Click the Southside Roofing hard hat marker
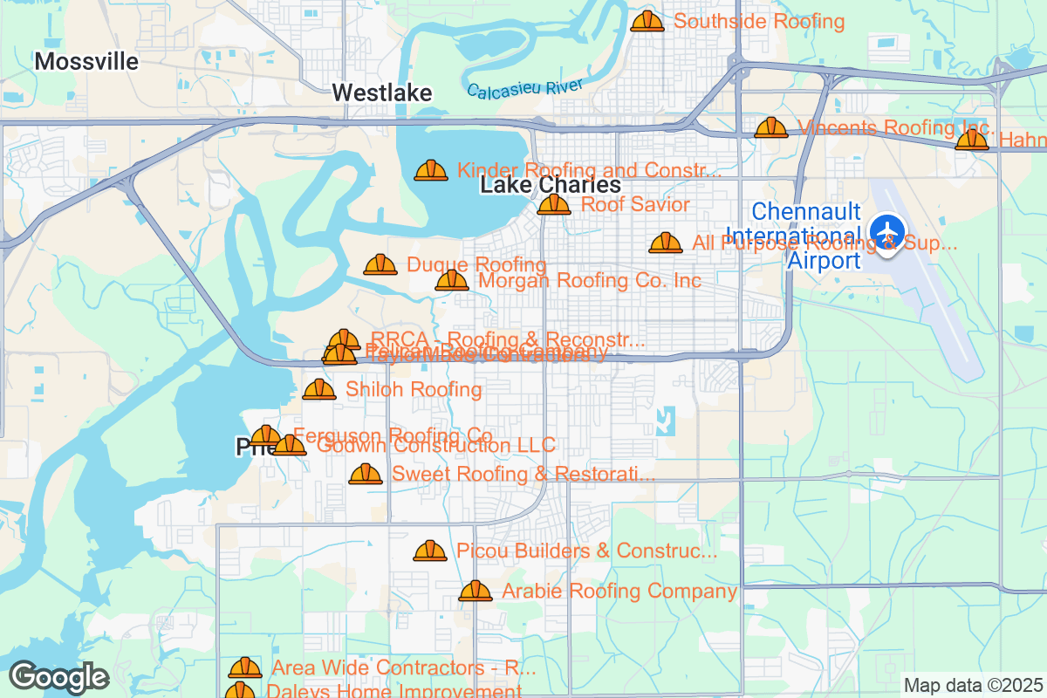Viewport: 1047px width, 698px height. click(647, 21)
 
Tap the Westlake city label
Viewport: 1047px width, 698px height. click(382, 92)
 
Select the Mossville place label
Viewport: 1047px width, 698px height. click(86, 61)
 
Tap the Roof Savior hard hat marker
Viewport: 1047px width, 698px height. click(553, 205)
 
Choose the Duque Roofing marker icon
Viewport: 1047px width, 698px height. click(380, 264)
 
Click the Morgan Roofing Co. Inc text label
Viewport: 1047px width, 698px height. click(590, 281)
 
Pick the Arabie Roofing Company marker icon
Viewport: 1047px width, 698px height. click(476, 592)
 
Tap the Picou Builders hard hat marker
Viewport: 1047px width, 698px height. click(430, 551)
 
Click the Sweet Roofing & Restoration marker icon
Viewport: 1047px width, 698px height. click(366, 474)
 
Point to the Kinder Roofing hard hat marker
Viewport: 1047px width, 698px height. click(431, 170)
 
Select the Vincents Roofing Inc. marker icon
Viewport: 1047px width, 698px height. click(771, 128)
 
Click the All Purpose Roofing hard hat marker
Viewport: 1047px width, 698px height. click(666, 243)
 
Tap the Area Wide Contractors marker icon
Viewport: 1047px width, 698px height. click(245, 668)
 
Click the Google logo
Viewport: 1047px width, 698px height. click(58, 677)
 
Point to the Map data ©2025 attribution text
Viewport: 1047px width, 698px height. click(972, 685)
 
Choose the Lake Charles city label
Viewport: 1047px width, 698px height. click(551, 186)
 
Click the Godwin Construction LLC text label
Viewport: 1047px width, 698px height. click(435, 446)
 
